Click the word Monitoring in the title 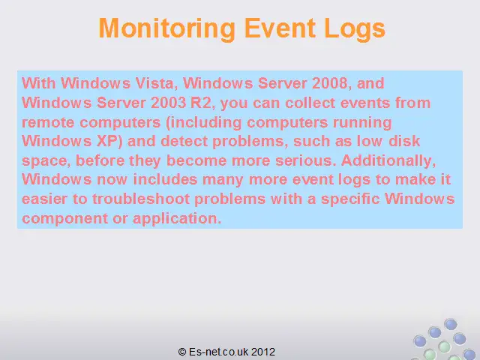pyautogui.click(x=166, y=28)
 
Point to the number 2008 pyautogui.click(x=331, y=83)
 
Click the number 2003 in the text pyautogui.click(x=168, y=103)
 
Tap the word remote pyautogui.click(x=48, y=122)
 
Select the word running pyautogui.click(x=362, y=123)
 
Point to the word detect pyautogui.click(x=184, y=142)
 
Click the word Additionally pyautogui.click(x=388, y=161)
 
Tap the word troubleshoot pyautogui.click(x=141, y=199)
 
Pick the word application pyautogui.click(x=177, y=219)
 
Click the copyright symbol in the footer pyautogui.click(x=182, y=352)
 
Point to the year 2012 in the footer pyautogui.click(x=263, y=352)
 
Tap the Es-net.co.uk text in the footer pyautogui.click(x=218, y=352)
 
